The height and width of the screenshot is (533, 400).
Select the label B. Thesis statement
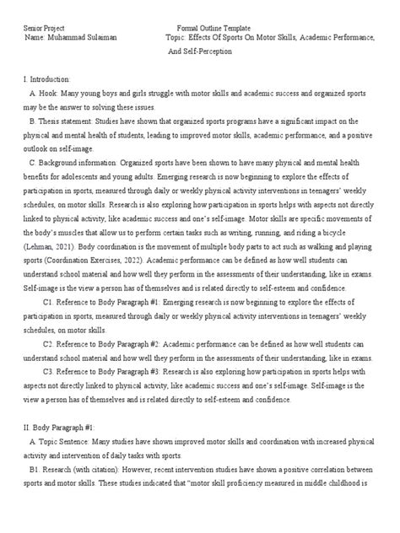point(67,121)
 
